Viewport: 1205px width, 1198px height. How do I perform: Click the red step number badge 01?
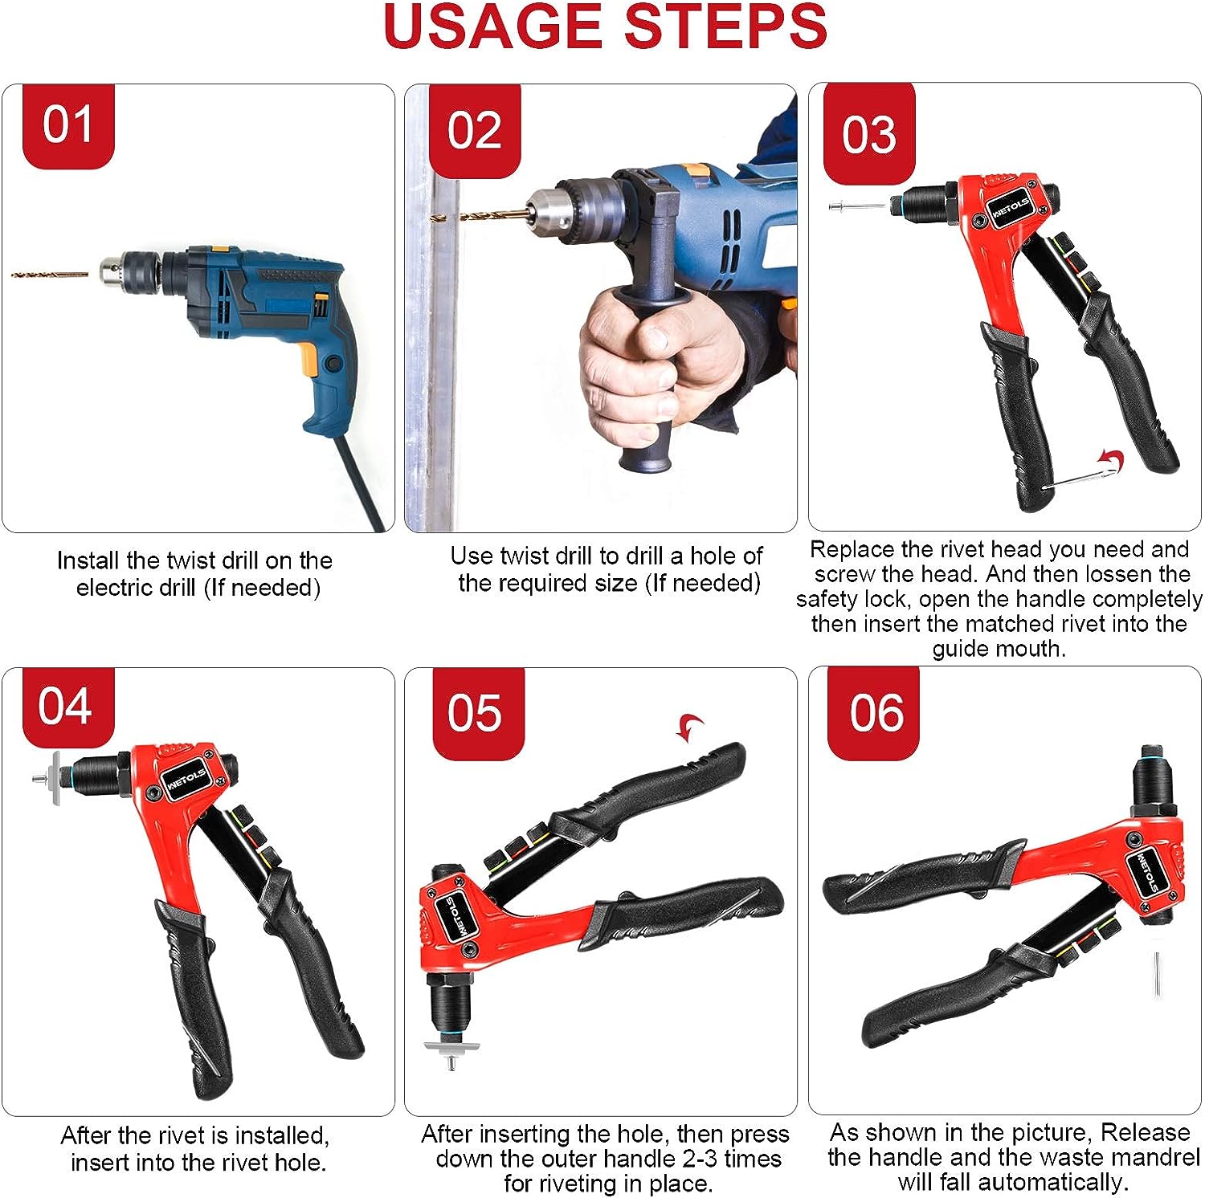coord(69,126)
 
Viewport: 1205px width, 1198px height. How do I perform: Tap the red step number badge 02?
coord(475,131)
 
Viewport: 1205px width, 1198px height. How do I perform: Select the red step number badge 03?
coord(869,133)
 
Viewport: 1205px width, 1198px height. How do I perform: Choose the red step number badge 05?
coord(478,713)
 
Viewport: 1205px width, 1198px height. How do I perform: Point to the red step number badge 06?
coord(874,713)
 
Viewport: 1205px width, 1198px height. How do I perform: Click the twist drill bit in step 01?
coord(50,275)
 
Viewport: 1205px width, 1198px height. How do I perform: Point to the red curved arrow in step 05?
coord(689,727)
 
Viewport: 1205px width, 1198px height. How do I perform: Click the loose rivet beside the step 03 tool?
coord(856,206)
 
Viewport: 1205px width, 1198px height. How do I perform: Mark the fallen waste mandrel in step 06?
coord(1158,973)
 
